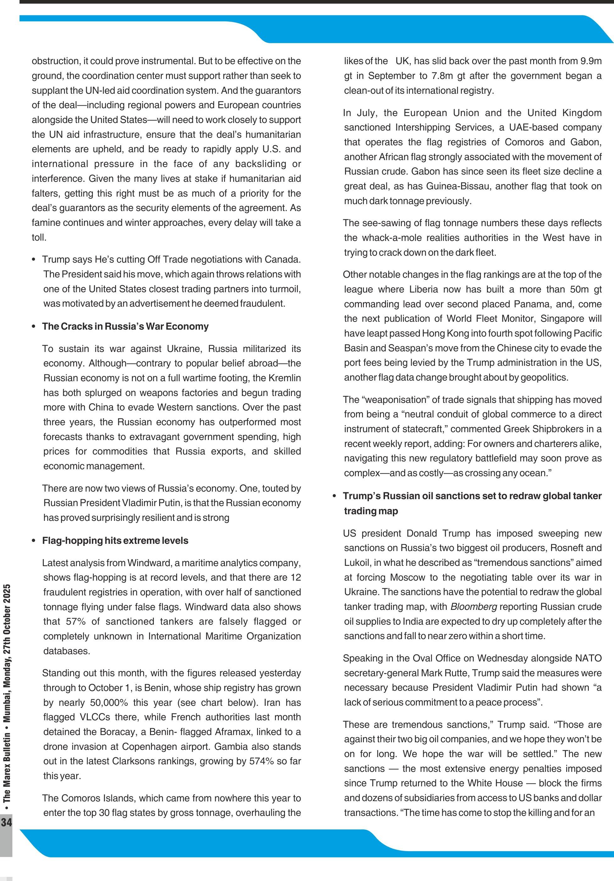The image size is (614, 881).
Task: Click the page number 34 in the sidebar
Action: [7, 822]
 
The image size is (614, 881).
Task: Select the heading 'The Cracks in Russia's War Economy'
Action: [125, 326]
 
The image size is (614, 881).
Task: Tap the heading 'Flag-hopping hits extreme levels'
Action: [115, 540]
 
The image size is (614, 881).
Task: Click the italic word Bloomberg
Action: [473, 607]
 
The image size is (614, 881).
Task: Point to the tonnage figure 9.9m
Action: [591, 61]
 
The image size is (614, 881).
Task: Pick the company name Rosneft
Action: [562, 548]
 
